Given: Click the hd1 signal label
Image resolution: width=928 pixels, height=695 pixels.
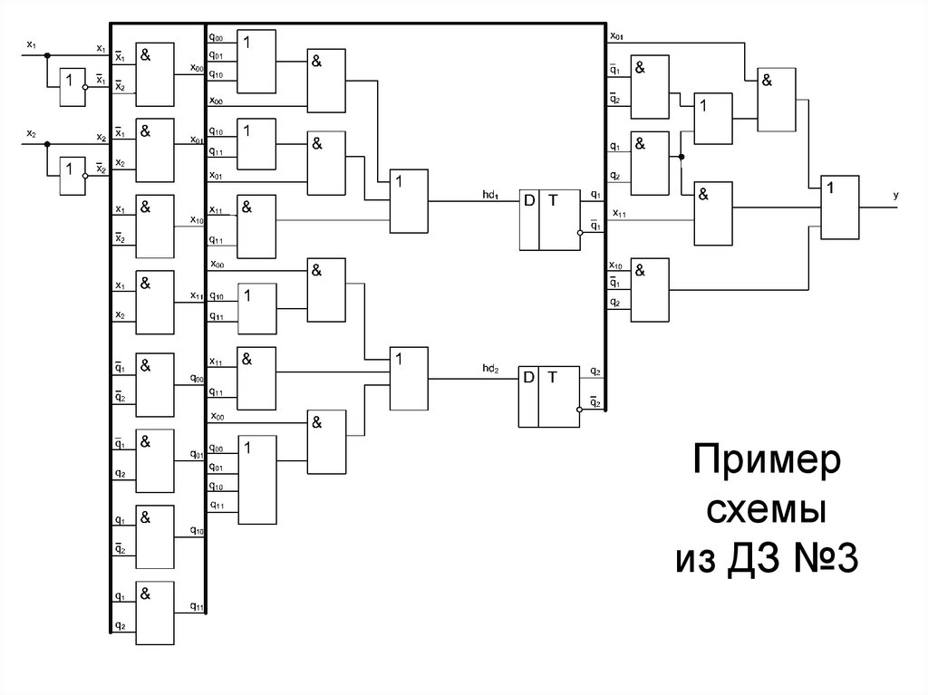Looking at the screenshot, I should [x=491, y=195].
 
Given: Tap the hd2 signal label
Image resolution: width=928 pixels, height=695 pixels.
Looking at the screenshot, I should [x=491, y=369].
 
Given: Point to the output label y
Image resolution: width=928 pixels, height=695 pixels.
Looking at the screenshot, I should [x=895, y=195].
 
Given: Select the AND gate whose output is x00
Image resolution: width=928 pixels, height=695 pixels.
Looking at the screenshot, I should [x=155, y=72].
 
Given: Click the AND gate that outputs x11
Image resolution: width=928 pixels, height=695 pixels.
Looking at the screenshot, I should [x=155, y=301].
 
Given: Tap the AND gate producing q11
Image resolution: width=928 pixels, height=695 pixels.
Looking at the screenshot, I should [x=155, y=612].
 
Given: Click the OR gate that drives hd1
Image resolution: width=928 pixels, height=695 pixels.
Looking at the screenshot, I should [x=409, y=200].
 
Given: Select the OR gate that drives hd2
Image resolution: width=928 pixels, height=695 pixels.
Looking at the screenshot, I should [x=409, y=378].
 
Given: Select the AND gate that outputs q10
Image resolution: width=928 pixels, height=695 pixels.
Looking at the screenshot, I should [x=155, y=535].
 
